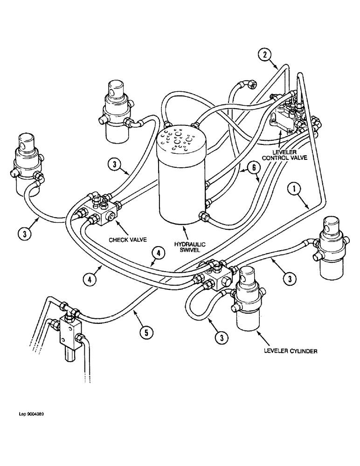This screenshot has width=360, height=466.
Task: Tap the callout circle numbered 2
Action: pyautogui.click(x=264, y=55)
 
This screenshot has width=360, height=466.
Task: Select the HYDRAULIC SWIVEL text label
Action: pyautogui.click(x=189, y=248)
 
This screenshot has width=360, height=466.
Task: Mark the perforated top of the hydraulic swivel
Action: pyautogui.click(x=181, y=139)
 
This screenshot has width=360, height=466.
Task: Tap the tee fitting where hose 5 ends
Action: pyautogui.click(x=68, y=308)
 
